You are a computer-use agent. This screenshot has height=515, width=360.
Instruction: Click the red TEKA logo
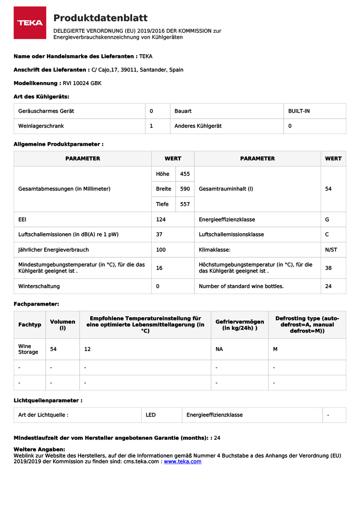pyautogui.click(x=30, y=23)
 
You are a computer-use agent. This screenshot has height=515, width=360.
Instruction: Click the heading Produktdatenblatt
pyautogui.click(x=100, y=18)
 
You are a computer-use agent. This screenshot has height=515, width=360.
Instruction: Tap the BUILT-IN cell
pyautogui.click(x=299, y=111)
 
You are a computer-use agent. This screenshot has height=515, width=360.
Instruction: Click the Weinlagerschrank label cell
pyautogui.click(x=41, y=126)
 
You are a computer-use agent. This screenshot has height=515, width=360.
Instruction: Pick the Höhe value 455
pyautogui.click(x=185, y=174)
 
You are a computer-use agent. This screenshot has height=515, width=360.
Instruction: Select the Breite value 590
pyautogui.click(x=185, y=189)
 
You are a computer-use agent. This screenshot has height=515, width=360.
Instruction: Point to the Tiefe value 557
pyautogui.click(x=185, y=204)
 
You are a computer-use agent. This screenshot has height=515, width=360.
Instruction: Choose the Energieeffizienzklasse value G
pyautogui.click(x=327, y=219)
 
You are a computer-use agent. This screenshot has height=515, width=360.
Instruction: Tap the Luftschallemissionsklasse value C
pyautogui.click(x=327, y=235)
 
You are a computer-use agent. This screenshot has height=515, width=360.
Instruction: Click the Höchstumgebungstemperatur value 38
pyautogui.click(x=328, y=268)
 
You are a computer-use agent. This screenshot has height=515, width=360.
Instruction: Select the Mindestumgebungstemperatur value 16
pyautogui.click(x=159, y=268)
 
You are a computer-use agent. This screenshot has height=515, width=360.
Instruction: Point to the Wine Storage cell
pyautogui.click(x=28, y=349)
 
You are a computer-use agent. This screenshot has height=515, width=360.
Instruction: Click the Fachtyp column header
pyautogui.click(x=30, y=325)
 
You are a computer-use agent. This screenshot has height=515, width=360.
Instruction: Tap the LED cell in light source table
pyautogui.click(x=151, y=415)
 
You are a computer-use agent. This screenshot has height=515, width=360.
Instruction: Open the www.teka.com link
pyautogui.click(x=182, y=462)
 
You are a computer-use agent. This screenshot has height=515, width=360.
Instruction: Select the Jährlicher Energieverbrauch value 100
pyautogui.click(x=161, y=250)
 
